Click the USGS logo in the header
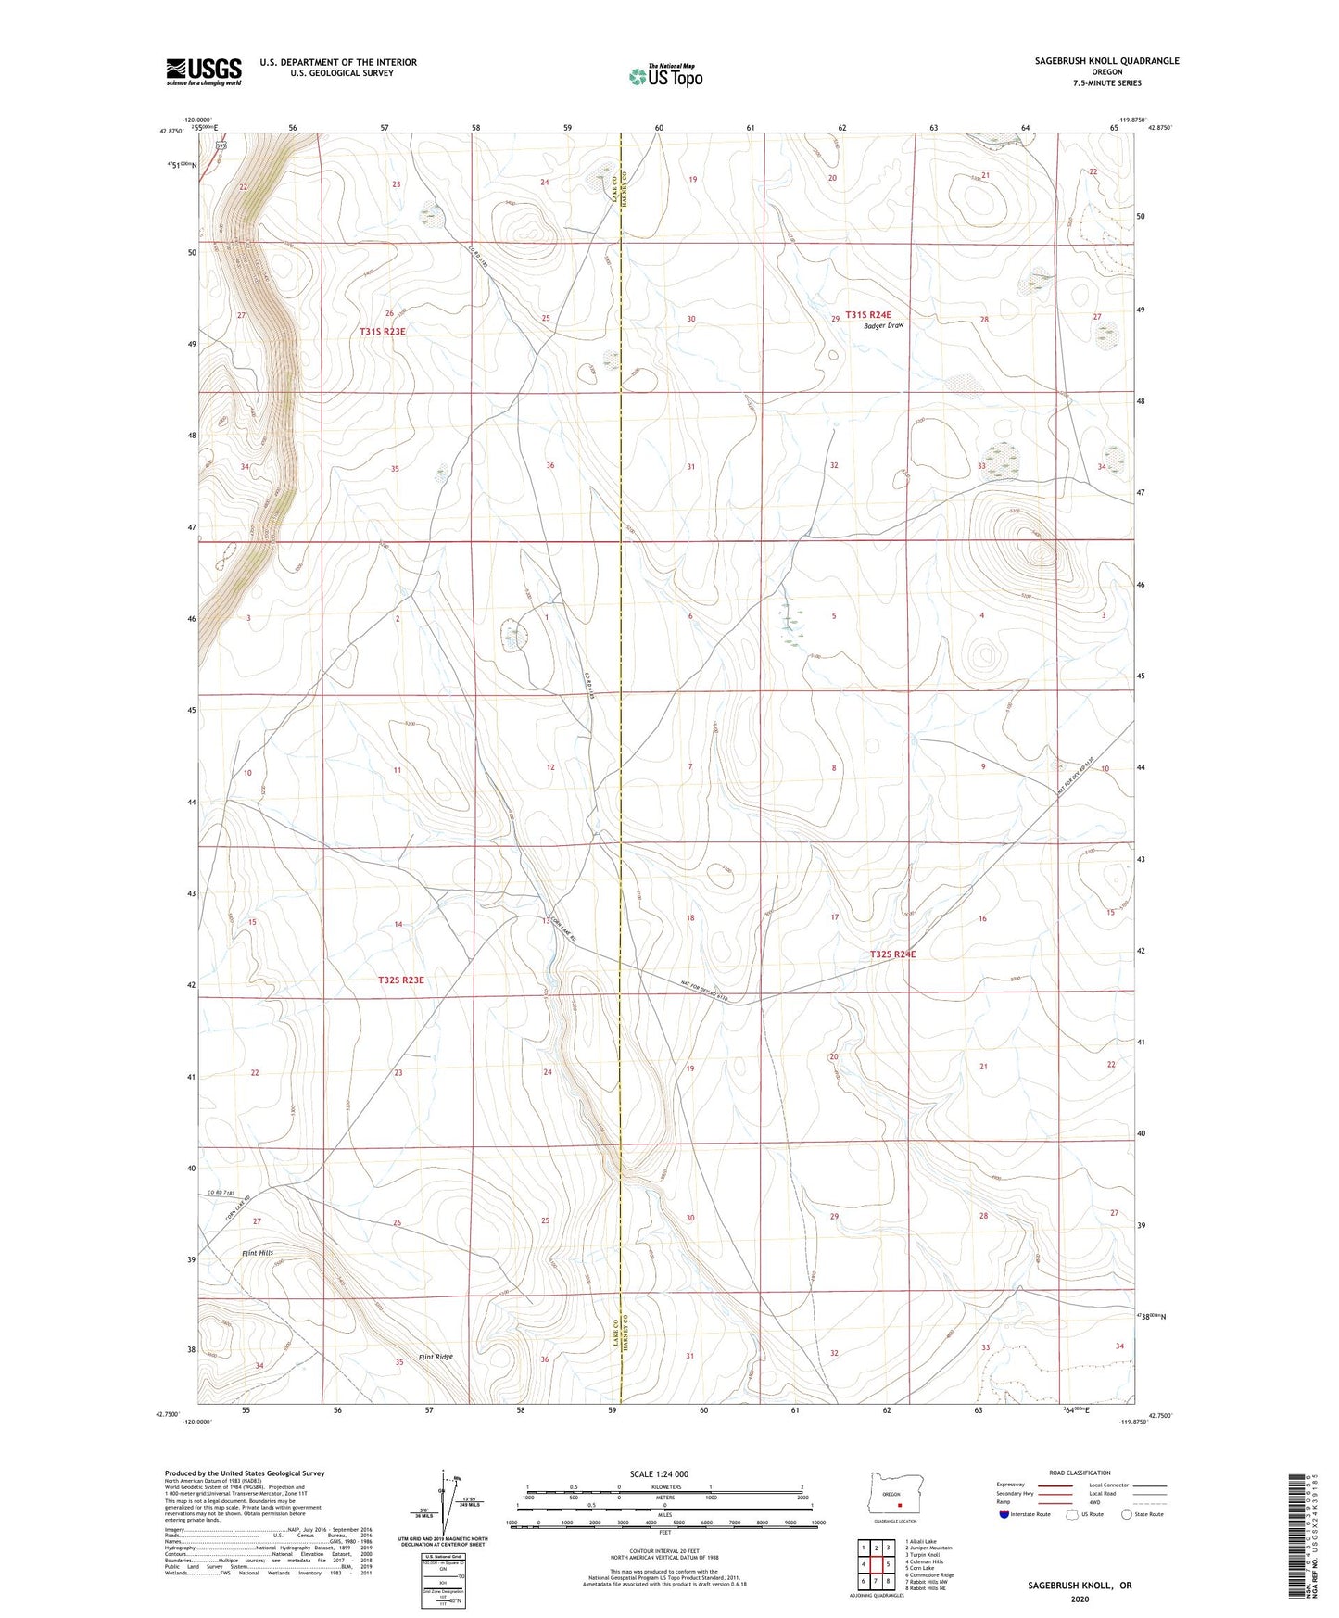[204, 71]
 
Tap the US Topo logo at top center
[664, 76]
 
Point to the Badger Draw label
[883, 326]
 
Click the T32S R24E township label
[892, 954]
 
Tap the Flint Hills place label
[258, 1253]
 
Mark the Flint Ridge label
[436, 1358]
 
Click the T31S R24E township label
[867, 315]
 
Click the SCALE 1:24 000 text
[659, 1474]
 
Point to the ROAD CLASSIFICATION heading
[1080, 1473]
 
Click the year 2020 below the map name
[1079, 1599]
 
